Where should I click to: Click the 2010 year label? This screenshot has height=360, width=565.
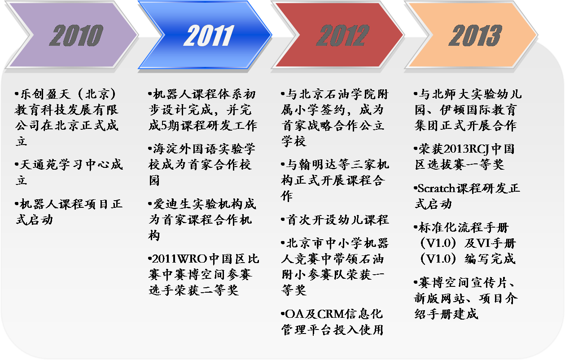pyautogui.click(x=76, y=35)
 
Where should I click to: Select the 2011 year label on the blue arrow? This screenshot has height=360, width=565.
pyautogui.click(x=209, y=35)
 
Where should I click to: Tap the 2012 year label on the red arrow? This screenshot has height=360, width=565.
pyautogui.click(x=343, y=35)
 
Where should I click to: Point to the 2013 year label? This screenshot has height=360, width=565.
pyautogui.click(x=475, y=35)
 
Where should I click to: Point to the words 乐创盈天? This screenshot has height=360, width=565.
pyautogui.click(x=45, y=94)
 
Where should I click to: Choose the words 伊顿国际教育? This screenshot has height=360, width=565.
pyautogui.click(x=478, y=110)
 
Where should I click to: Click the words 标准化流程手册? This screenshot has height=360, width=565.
pyautogui.click(x=464, y=227)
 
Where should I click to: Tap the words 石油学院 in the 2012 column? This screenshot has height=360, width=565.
pyautogui.click(x=350, y=94)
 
